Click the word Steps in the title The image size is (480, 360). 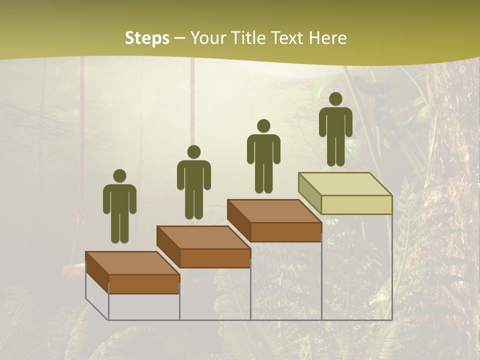pos(147,38)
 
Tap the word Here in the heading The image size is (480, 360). pos(327,38)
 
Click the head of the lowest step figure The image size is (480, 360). pos(119,176)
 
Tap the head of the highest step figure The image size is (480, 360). pos(335,99)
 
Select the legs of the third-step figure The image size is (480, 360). pos(263,177)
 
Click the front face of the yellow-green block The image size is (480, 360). pos(356,204)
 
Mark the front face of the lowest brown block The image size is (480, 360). pos(144,284)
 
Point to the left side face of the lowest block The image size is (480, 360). pos(97,272)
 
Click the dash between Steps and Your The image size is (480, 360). pos(179,39)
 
